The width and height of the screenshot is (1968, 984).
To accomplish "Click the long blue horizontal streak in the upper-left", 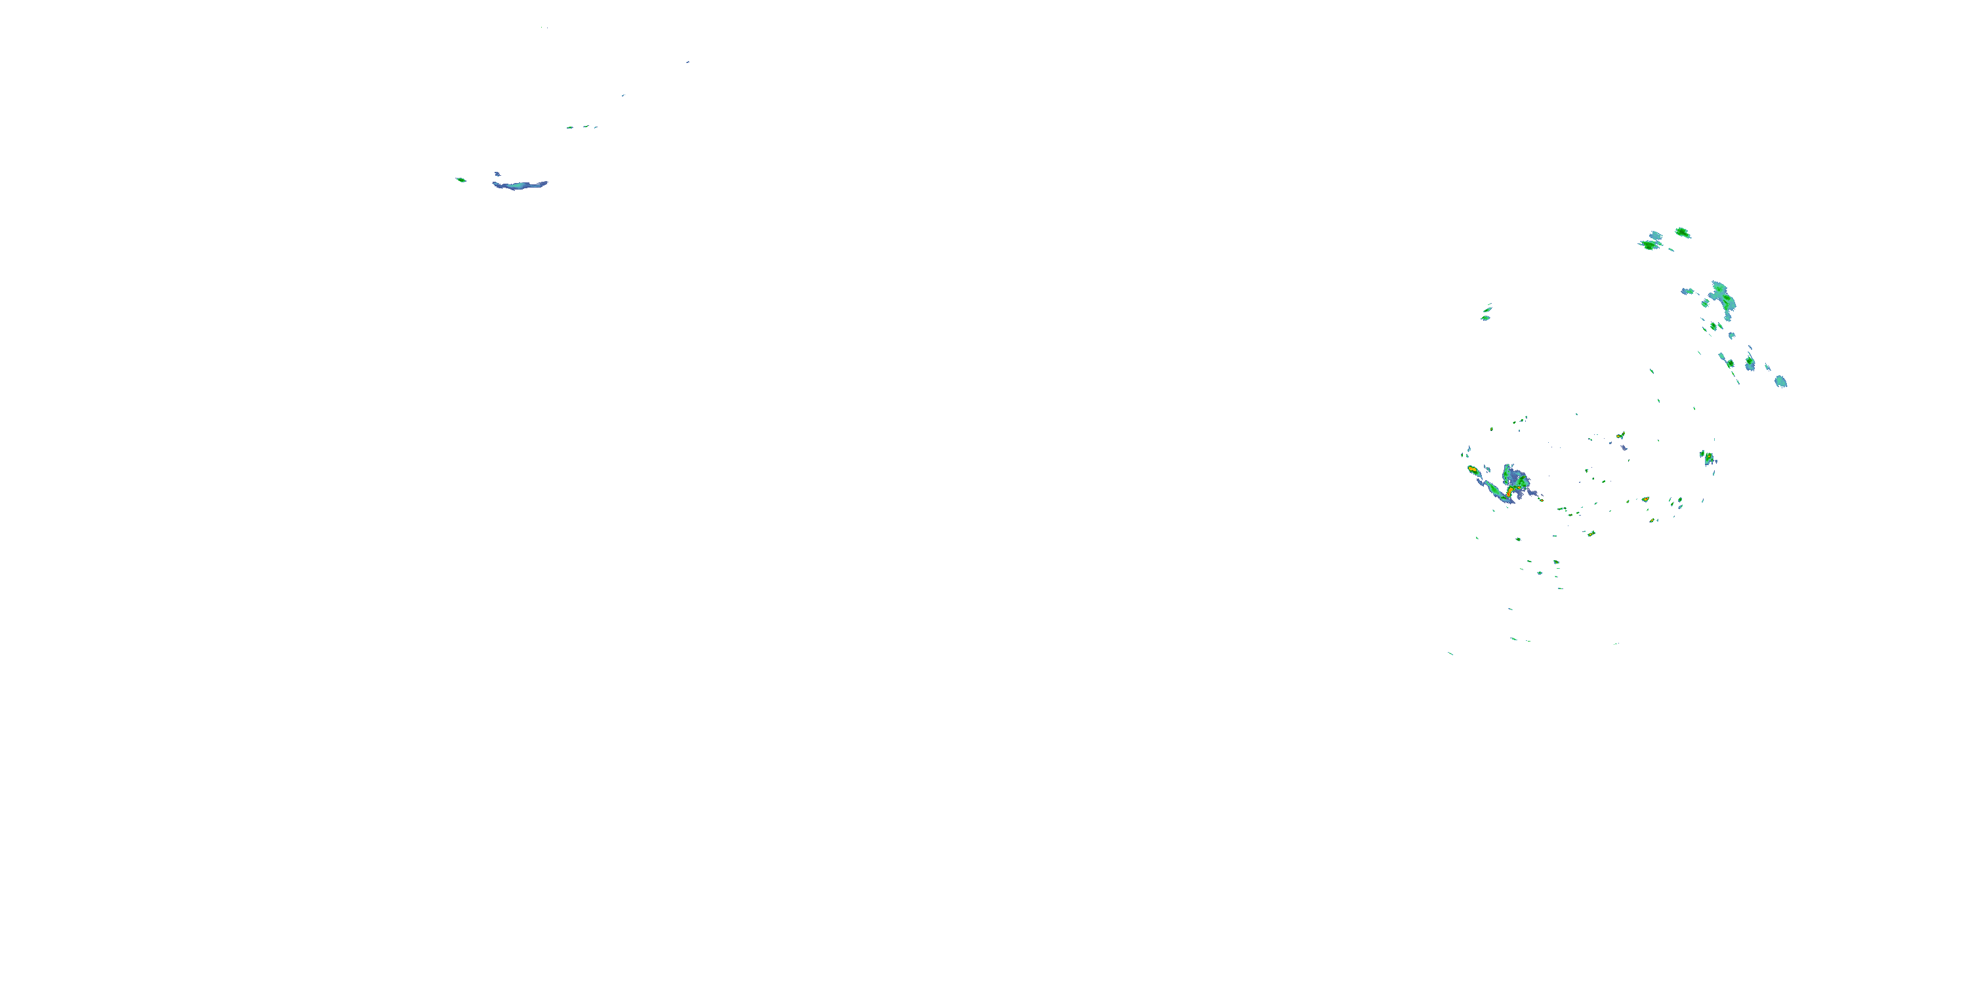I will point(520,185).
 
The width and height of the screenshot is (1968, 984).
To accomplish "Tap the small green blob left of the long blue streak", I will point(461,180).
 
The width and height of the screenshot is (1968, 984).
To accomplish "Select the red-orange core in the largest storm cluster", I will point(1509,493).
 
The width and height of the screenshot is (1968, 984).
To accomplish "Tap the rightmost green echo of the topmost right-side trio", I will point(1682,232).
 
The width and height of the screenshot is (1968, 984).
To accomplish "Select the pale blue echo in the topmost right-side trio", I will point(1656,236).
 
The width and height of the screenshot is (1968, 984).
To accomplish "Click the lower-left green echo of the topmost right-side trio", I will point(1650,245).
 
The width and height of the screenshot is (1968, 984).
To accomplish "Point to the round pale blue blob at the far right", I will point(1781,380).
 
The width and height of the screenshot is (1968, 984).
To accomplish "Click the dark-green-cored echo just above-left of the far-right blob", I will point(1750,362).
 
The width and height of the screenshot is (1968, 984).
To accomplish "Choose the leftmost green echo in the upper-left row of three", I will point(569,127).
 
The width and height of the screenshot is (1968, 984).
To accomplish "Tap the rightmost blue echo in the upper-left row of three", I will point(595,127).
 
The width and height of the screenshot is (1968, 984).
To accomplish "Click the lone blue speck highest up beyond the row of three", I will point(687,62).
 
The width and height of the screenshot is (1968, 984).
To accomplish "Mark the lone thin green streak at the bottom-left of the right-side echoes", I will point(1450,653).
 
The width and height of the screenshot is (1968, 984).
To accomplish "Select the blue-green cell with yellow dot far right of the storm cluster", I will point(1708,459).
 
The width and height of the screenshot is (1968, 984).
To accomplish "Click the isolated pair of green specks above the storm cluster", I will point(1486,313).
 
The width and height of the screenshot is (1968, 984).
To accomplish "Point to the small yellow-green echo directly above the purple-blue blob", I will point(1620,436).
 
